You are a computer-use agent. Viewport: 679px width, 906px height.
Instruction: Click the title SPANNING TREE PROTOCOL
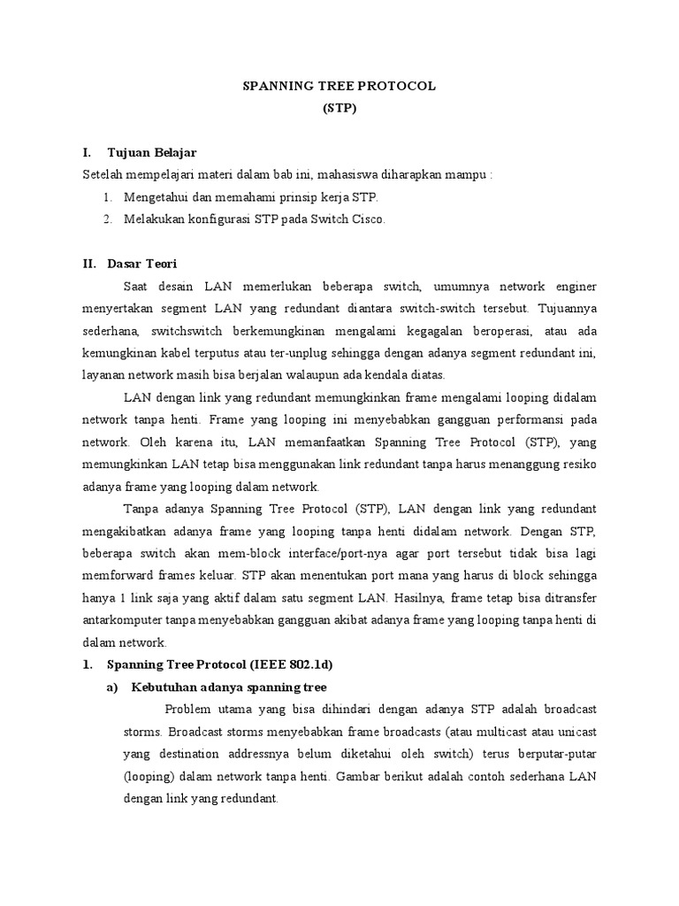tap(339, 87)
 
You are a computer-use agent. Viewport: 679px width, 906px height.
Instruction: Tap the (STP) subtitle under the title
tap(339, 110)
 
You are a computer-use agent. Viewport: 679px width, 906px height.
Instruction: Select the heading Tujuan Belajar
tap(151, 153)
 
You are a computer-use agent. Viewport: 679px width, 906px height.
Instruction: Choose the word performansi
tap(521, 418)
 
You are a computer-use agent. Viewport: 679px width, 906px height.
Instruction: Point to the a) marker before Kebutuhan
tap(114, 687)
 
